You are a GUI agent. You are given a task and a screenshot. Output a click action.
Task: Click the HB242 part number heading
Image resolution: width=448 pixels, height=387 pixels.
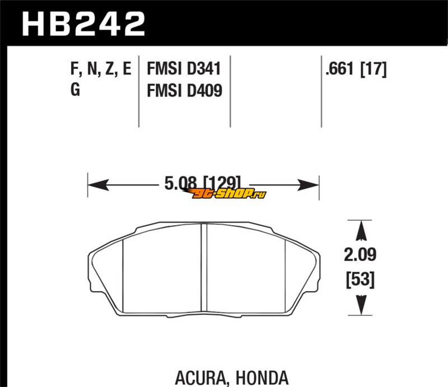tap(83, 24)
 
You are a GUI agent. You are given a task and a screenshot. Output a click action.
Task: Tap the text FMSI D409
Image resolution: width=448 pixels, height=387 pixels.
tap(185, 91)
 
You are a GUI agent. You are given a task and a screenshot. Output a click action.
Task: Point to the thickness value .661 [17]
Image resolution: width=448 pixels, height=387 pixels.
tap(356, 69)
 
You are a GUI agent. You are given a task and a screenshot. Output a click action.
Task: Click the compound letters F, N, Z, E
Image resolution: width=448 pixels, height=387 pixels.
tap(101, 69)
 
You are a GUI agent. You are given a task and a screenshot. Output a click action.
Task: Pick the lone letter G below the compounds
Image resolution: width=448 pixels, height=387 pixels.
tap(75, 90)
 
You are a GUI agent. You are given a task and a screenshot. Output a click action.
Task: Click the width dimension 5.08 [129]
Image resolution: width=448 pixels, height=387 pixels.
tap(203, 183)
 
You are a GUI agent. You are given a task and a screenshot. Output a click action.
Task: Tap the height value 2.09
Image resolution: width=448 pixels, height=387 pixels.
tap(360, 255)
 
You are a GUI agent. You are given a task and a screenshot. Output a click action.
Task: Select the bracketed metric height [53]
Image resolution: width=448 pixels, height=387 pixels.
tap(360, 279)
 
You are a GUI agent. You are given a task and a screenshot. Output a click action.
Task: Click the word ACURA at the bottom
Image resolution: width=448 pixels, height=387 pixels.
tap(200, 378)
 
